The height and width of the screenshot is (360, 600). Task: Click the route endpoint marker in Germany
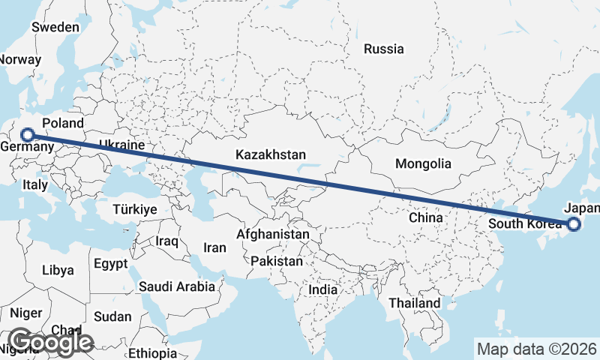tap(28, 135)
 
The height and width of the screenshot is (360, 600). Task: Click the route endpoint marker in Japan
tap(574, 223)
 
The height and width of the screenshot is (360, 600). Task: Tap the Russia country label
tap(384, 49)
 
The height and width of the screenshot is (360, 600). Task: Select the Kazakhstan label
tap(270, 154)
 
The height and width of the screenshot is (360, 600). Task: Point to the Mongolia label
tap(424, 163)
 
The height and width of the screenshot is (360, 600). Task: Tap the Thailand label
tap(415, 303)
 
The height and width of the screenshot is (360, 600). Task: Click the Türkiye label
tap(135, 209)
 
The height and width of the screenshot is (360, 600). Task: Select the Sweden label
tap(55, 27)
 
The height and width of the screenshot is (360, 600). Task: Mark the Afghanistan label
tap(272, 235)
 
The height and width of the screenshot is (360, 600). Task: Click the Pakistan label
tap(277, 262)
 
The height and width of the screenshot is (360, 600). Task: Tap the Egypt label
tap(111, 264)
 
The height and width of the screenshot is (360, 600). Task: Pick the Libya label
tap(58, 270)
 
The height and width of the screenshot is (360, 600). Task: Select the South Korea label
tap(523, 223)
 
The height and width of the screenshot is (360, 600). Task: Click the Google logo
tap(50, 342)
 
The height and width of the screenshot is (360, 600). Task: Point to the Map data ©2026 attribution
tap(537, 349)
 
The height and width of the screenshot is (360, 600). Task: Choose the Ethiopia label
tap(152, 353)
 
